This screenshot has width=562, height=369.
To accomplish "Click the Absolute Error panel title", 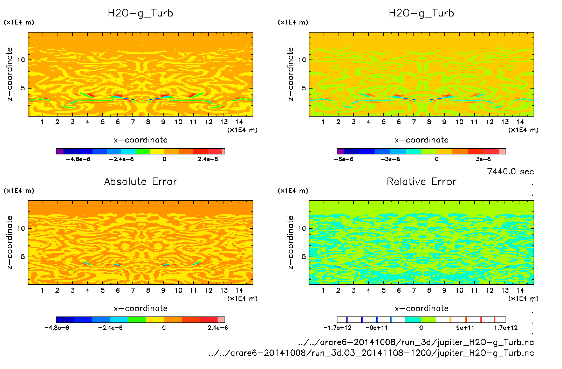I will click(140, 181).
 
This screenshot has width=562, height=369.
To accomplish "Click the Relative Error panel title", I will click(421, 181).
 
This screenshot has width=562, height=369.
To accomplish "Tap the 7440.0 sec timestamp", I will click(510, 172).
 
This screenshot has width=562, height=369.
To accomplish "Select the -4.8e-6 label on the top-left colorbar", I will click(78, 159).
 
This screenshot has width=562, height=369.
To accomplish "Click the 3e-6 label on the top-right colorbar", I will click(483, 159).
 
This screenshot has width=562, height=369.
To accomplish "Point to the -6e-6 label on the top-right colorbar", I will click(344, 159).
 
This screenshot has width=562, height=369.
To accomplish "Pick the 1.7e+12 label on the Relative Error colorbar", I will click(506, 328).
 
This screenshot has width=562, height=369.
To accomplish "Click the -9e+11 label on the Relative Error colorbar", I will click(377, 328).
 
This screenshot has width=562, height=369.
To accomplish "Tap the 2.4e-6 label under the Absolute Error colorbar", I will click(218, 328).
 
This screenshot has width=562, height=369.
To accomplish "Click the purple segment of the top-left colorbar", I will click(60, 151).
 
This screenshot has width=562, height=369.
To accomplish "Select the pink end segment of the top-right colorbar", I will click(502, 151).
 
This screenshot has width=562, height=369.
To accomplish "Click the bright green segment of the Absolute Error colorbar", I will click(137, 320).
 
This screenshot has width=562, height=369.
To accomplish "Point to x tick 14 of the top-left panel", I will click(239, 122).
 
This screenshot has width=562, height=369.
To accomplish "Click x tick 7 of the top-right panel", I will click(414, 122).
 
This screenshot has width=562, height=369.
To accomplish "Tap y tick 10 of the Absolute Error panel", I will click(21, 228).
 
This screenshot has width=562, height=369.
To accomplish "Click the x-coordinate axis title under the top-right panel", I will click(421, 140).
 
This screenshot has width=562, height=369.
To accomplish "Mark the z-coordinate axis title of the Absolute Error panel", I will click(9, 242).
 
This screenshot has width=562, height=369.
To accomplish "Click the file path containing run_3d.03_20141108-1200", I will click(371, 353).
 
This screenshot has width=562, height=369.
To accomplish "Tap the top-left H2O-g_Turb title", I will click(140, 13).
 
